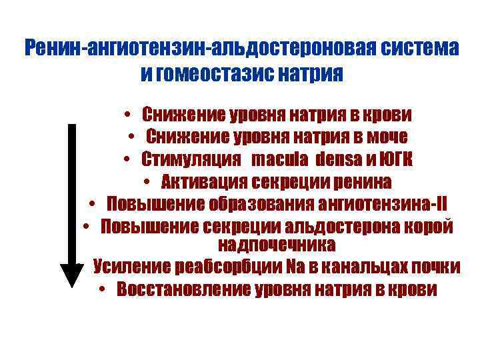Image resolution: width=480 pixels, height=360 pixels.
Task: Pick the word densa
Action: pos(337,159)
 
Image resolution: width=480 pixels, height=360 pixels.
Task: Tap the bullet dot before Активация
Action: pos(146,182)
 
